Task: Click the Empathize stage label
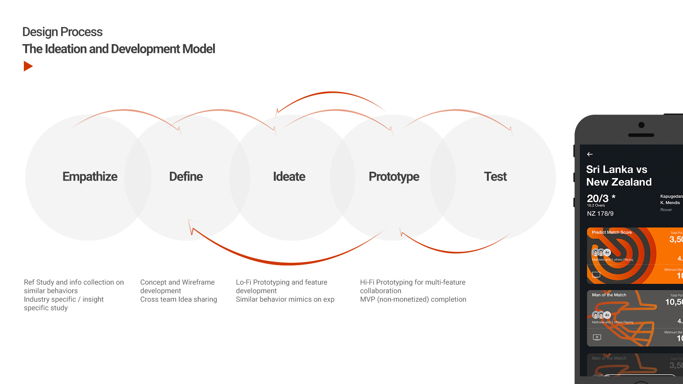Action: coord(90,176)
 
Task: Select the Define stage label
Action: coord(186,176)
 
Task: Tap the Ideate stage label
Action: coord(289,176)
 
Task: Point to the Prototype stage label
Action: coord(394,176)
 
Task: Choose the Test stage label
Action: coord(495,176)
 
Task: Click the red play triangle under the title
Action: coord(28,66)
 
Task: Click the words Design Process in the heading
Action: coord(62,32)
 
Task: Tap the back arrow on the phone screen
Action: coord(590,154)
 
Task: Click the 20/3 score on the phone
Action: coord(598,198)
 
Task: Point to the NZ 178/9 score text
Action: coord(600,214)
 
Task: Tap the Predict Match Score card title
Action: coord(611,233)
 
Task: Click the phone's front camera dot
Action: coord(641,125)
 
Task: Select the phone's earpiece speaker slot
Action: coord(641,135)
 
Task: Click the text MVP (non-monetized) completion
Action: coord(413,299)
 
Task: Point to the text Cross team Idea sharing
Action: coord(179,299)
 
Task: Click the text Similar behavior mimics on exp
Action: coord(285,299)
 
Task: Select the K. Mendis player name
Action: coord(670,203)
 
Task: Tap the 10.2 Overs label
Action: coord(596,206)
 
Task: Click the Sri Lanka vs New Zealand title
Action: coord(619,176)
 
